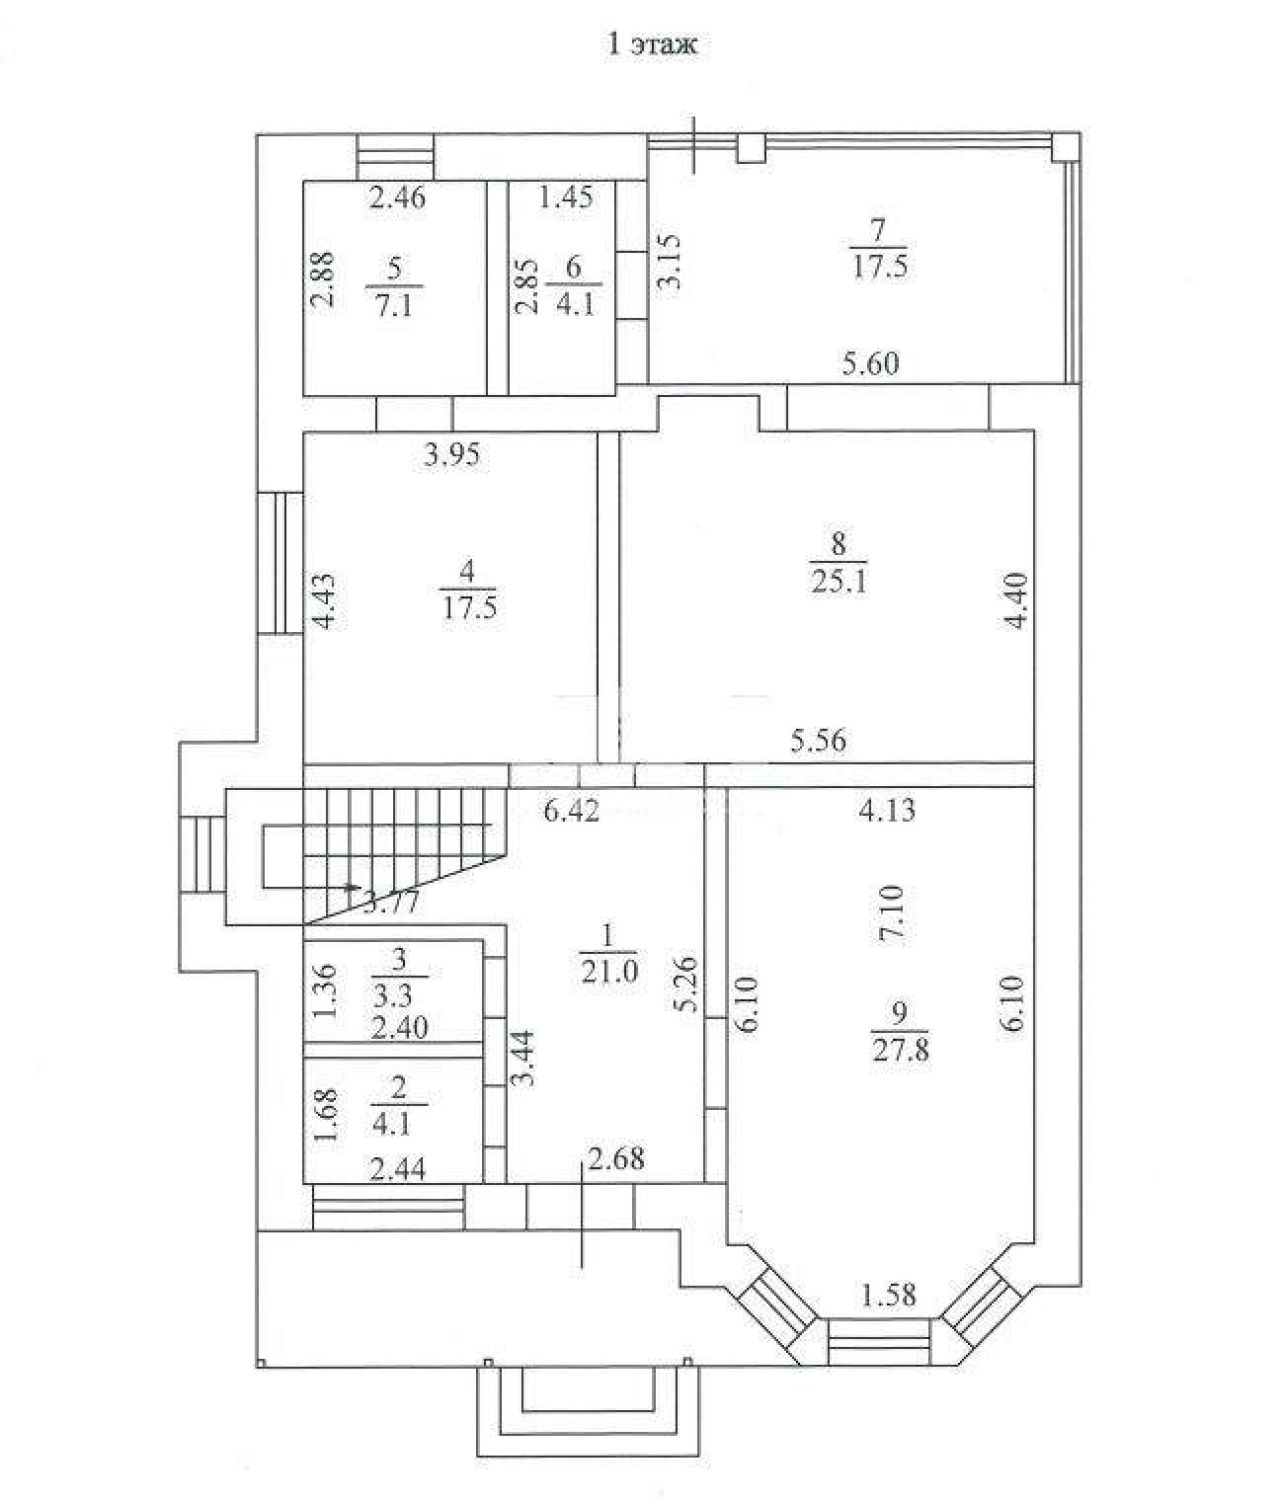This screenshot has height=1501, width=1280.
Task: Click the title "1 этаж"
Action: coord(651,44)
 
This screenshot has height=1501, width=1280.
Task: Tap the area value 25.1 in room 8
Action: coord(839,582)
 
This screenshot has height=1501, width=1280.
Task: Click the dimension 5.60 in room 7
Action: coord(871,363)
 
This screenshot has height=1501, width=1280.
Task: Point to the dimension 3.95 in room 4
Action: coord(452,455)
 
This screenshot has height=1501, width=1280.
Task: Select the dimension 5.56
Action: coord(818,741)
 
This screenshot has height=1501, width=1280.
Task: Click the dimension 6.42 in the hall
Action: coord(571,810)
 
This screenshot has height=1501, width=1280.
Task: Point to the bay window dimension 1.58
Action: coord(889,1294)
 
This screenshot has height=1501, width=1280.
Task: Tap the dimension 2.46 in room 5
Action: coord(397,198)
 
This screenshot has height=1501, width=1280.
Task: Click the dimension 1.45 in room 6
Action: coord(566,197)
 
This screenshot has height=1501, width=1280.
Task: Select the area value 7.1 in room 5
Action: coord(394,305)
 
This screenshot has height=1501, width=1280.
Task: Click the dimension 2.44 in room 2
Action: coord(397,1169)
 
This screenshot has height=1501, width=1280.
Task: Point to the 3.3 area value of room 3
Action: coord(393,996)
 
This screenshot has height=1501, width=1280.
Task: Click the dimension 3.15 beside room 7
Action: coord(669,261)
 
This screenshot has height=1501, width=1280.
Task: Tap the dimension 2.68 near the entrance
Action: coord(616,1158)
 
